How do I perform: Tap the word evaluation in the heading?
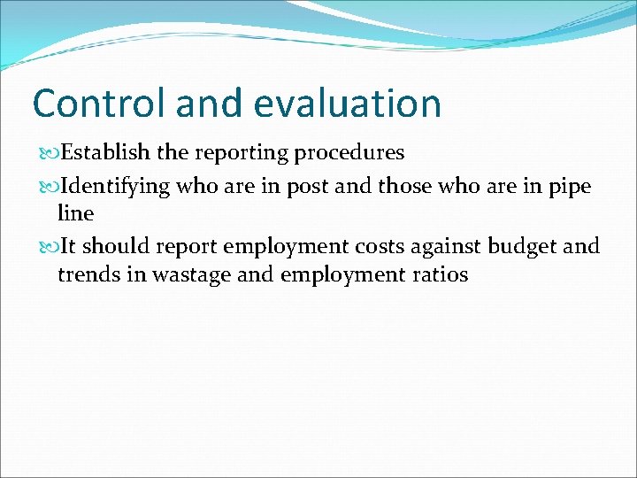[347, 104]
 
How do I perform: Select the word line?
[75, 213]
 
